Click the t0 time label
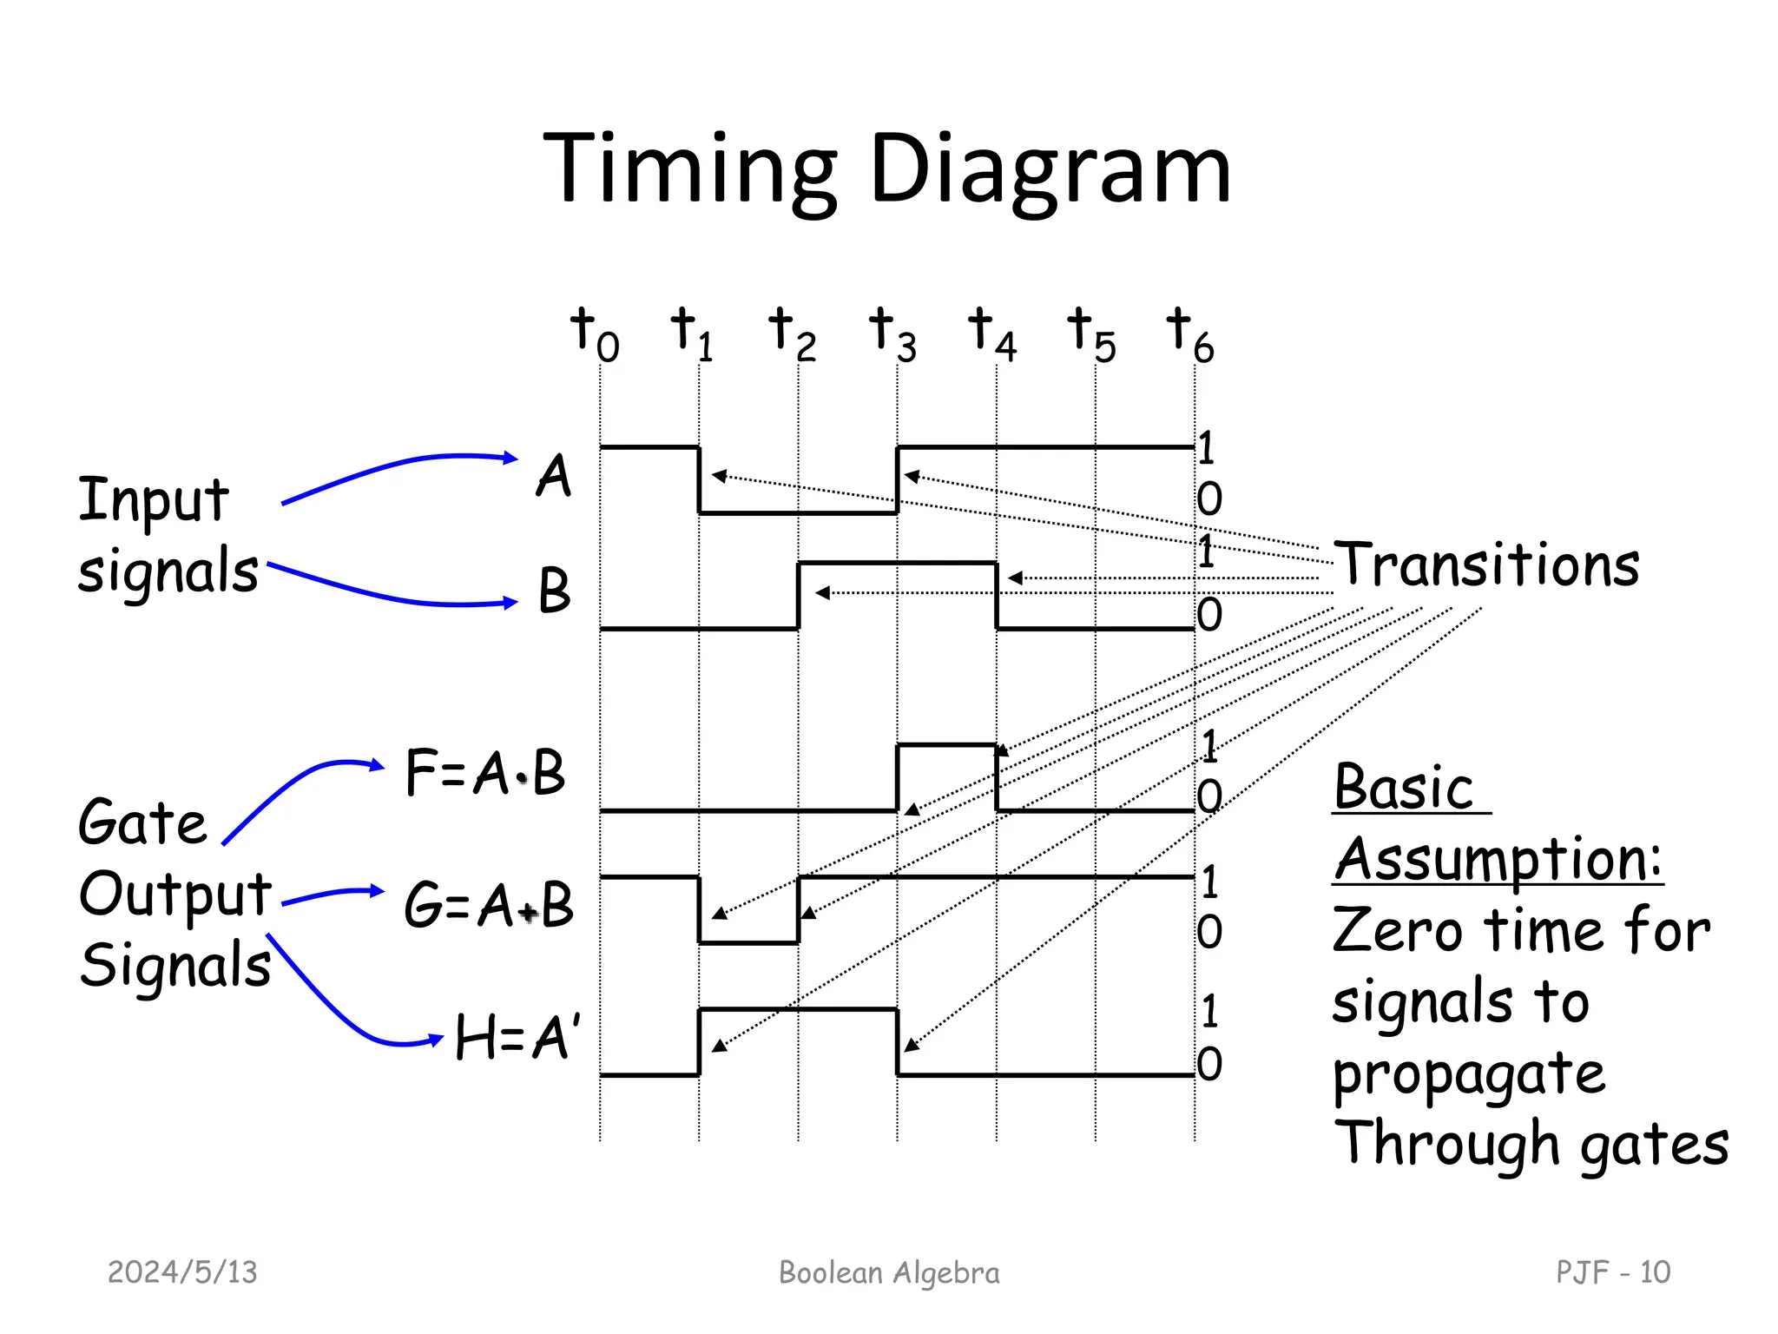click(x=595, y=335)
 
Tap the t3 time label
click(x=893, y=335)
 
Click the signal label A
click(x=554, y=476)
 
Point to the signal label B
click(x=554, y=591)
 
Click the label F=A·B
click(x=485, y=772)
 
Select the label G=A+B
click(x=489, y=905)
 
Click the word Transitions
click(x=1486, y=565)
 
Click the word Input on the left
click(x=154, y=501)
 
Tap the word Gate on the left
click(x=142, y=822)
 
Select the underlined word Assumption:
click(x=1498, y=860)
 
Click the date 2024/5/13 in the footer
click(x=182, y=1272)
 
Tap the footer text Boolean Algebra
click(x=889, y=1272)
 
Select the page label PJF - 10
click(x=1612, y=1272)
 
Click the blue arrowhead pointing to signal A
click(x=511, y=458)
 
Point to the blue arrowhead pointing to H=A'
click(x=437, y=1040)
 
